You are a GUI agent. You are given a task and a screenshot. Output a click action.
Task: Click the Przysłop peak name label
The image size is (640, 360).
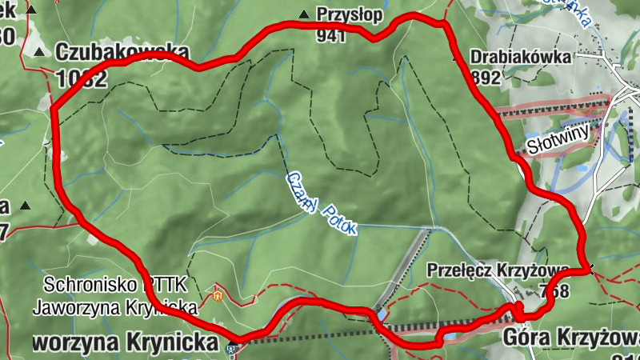click(350, 14)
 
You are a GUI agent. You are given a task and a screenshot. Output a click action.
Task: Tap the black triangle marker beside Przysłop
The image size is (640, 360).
click(303, 14)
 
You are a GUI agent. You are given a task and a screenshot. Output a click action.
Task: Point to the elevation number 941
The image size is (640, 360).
click(330, 34)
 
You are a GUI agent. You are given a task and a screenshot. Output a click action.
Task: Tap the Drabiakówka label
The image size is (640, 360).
click(521, 58)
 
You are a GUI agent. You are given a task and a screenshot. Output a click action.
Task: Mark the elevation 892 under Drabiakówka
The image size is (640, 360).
click(486, 78)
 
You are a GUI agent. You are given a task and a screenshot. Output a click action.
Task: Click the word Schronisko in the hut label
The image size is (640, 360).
click(91, 284)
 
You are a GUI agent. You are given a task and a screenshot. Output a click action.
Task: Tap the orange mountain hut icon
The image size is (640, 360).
click(218, 295)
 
